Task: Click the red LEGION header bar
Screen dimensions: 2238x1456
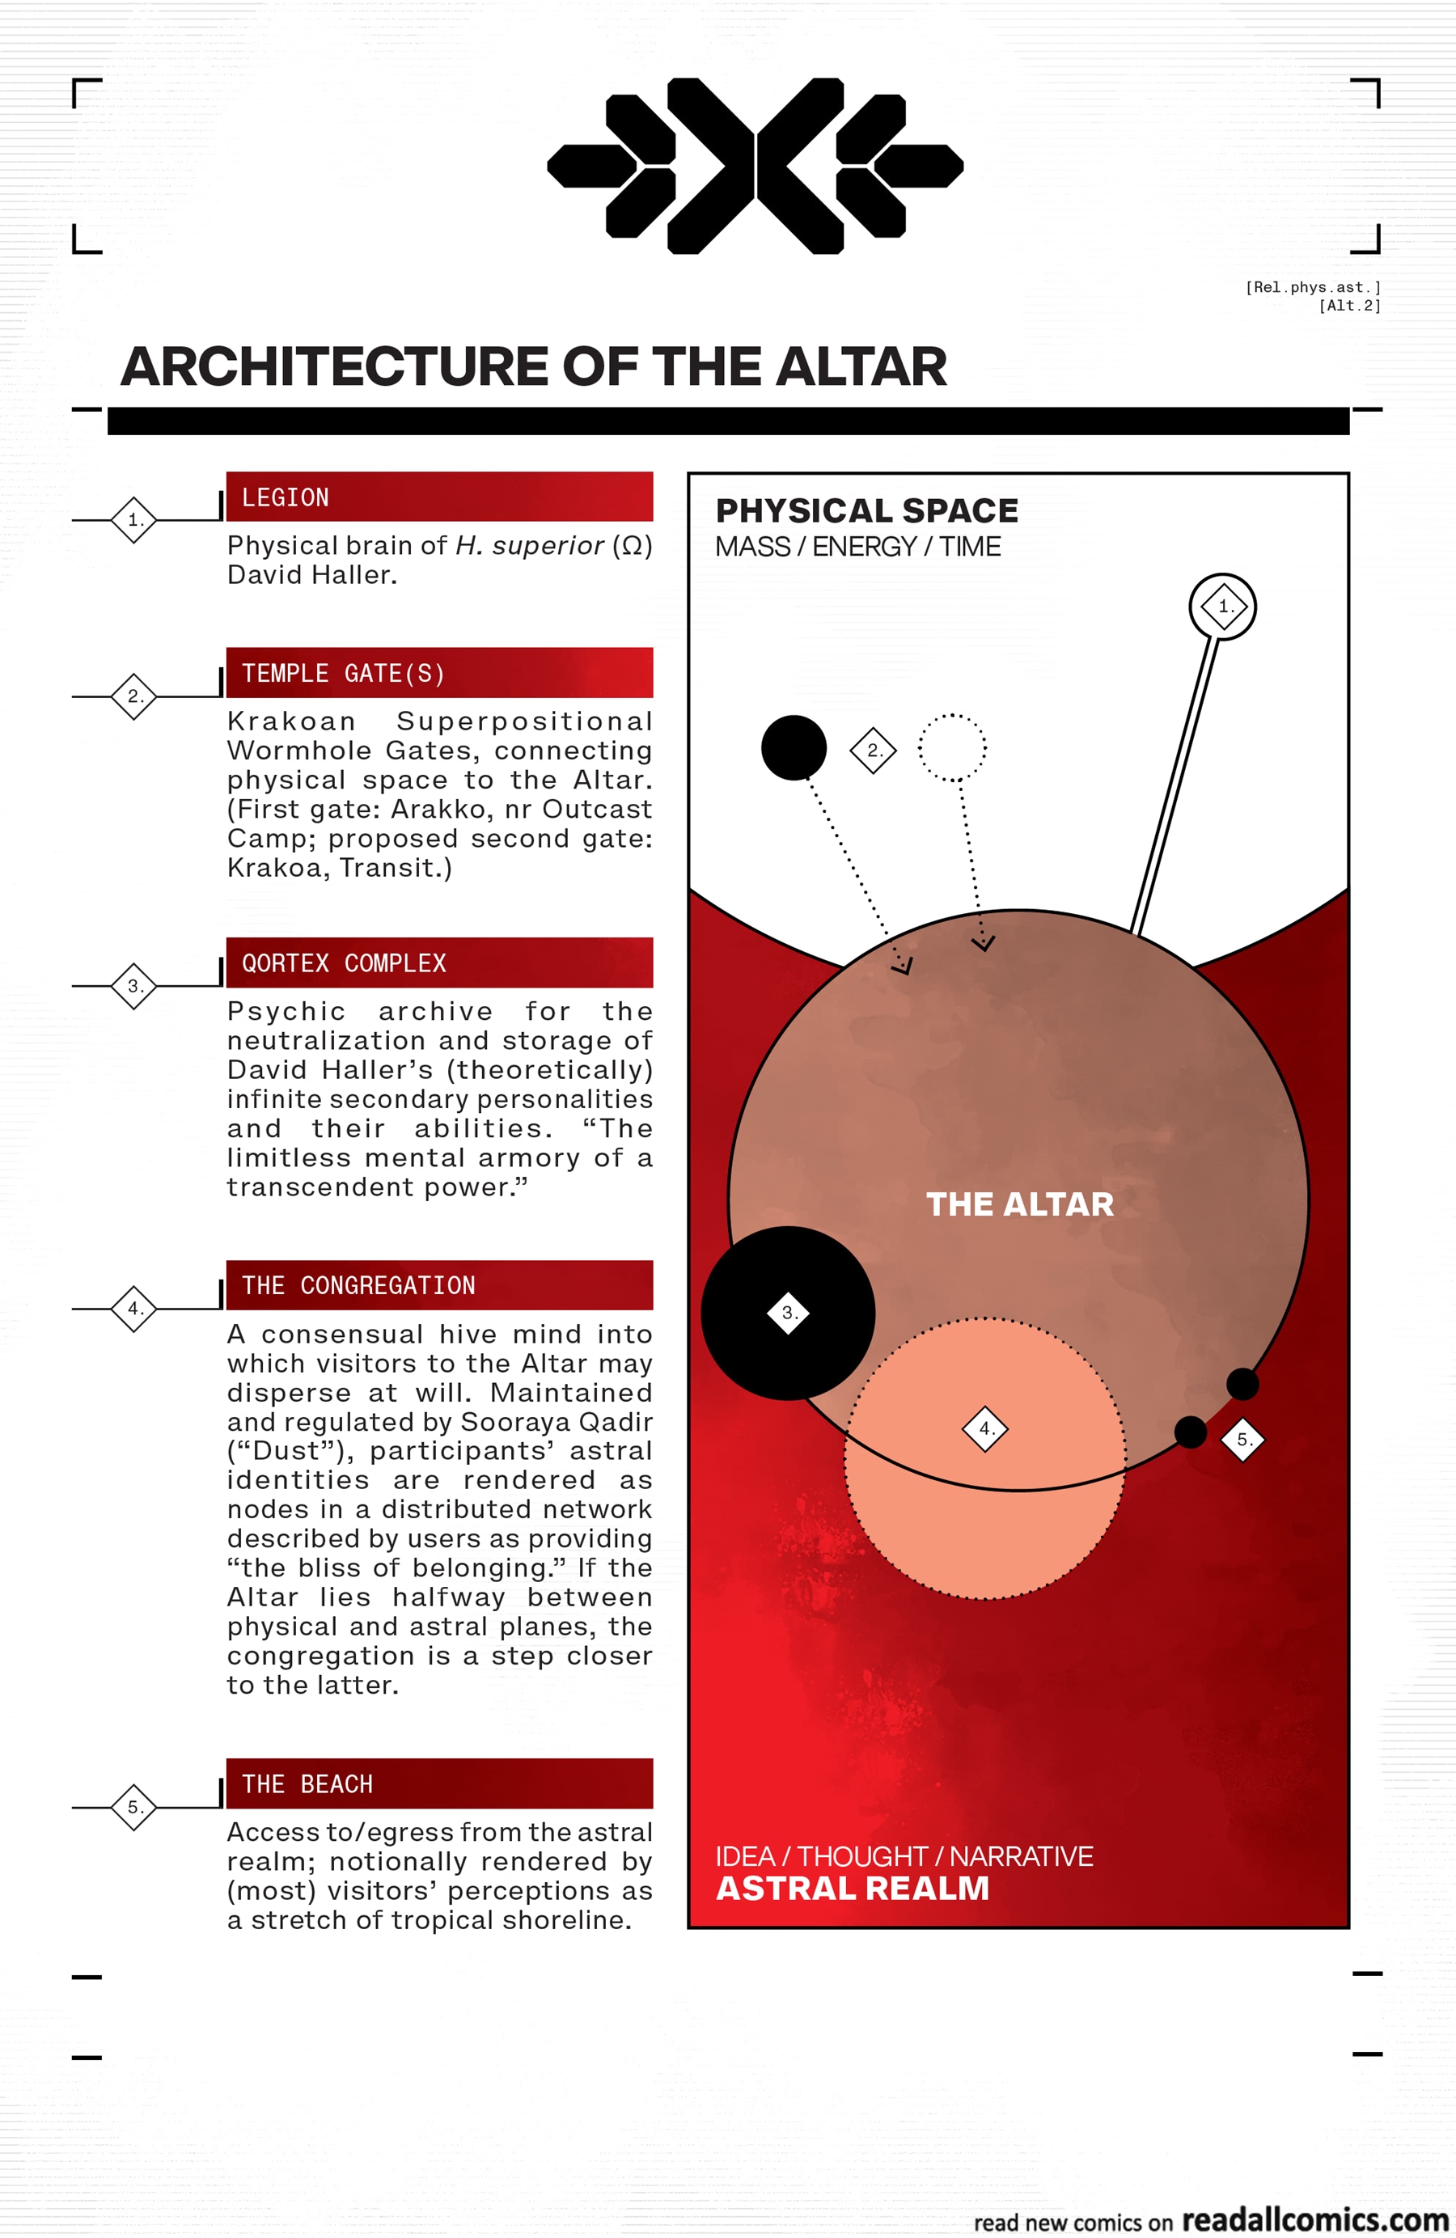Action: click(x=439, y=497)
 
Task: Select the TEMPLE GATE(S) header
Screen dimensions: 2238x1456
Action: click(x=439, y=672)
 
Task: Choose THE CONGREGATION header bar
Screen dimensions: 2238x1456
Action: click(x=439, y=1284)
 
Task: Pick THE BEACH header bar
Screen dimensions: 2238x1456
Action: click(x=439, y=1783)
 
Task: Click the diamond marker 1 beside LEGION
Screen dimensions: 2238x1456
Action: click(x=134, y=519)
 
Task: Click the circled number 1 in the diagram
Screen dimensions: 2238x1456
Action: click(x=1223, y=607)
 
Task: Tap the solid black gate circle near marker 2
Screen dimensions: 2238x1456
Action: click(x=794, y=747)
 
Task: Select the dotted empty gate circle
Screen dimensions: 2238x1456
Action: click(x=952, y=747)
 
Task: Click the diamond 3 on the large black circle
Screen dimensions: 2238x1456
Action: click(x=788, y=1313)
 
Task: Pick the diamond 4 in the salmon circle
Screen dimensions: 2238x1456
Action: click(x=984, y=1428)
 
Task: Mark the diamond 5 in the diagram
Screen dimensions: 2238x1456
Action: click(x=1242, y=1440)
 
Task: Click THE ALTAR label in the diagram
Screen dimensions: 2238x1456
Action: click(x=1019, y=1204)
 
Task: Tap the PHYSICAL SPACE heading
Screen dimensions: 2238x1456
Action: click(x=866, y=510)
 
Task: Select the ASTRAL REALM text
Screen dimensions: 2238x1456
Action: click(x=852, y=1889)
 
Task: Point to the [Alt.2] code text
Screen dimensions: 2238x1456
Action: click(x=1348, y=306)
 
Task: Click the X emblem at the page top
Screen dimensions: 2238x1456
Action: click(x=756, y=166)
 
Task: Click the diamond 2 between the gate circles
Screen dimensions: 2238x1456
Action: click(x=873, y=750)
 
